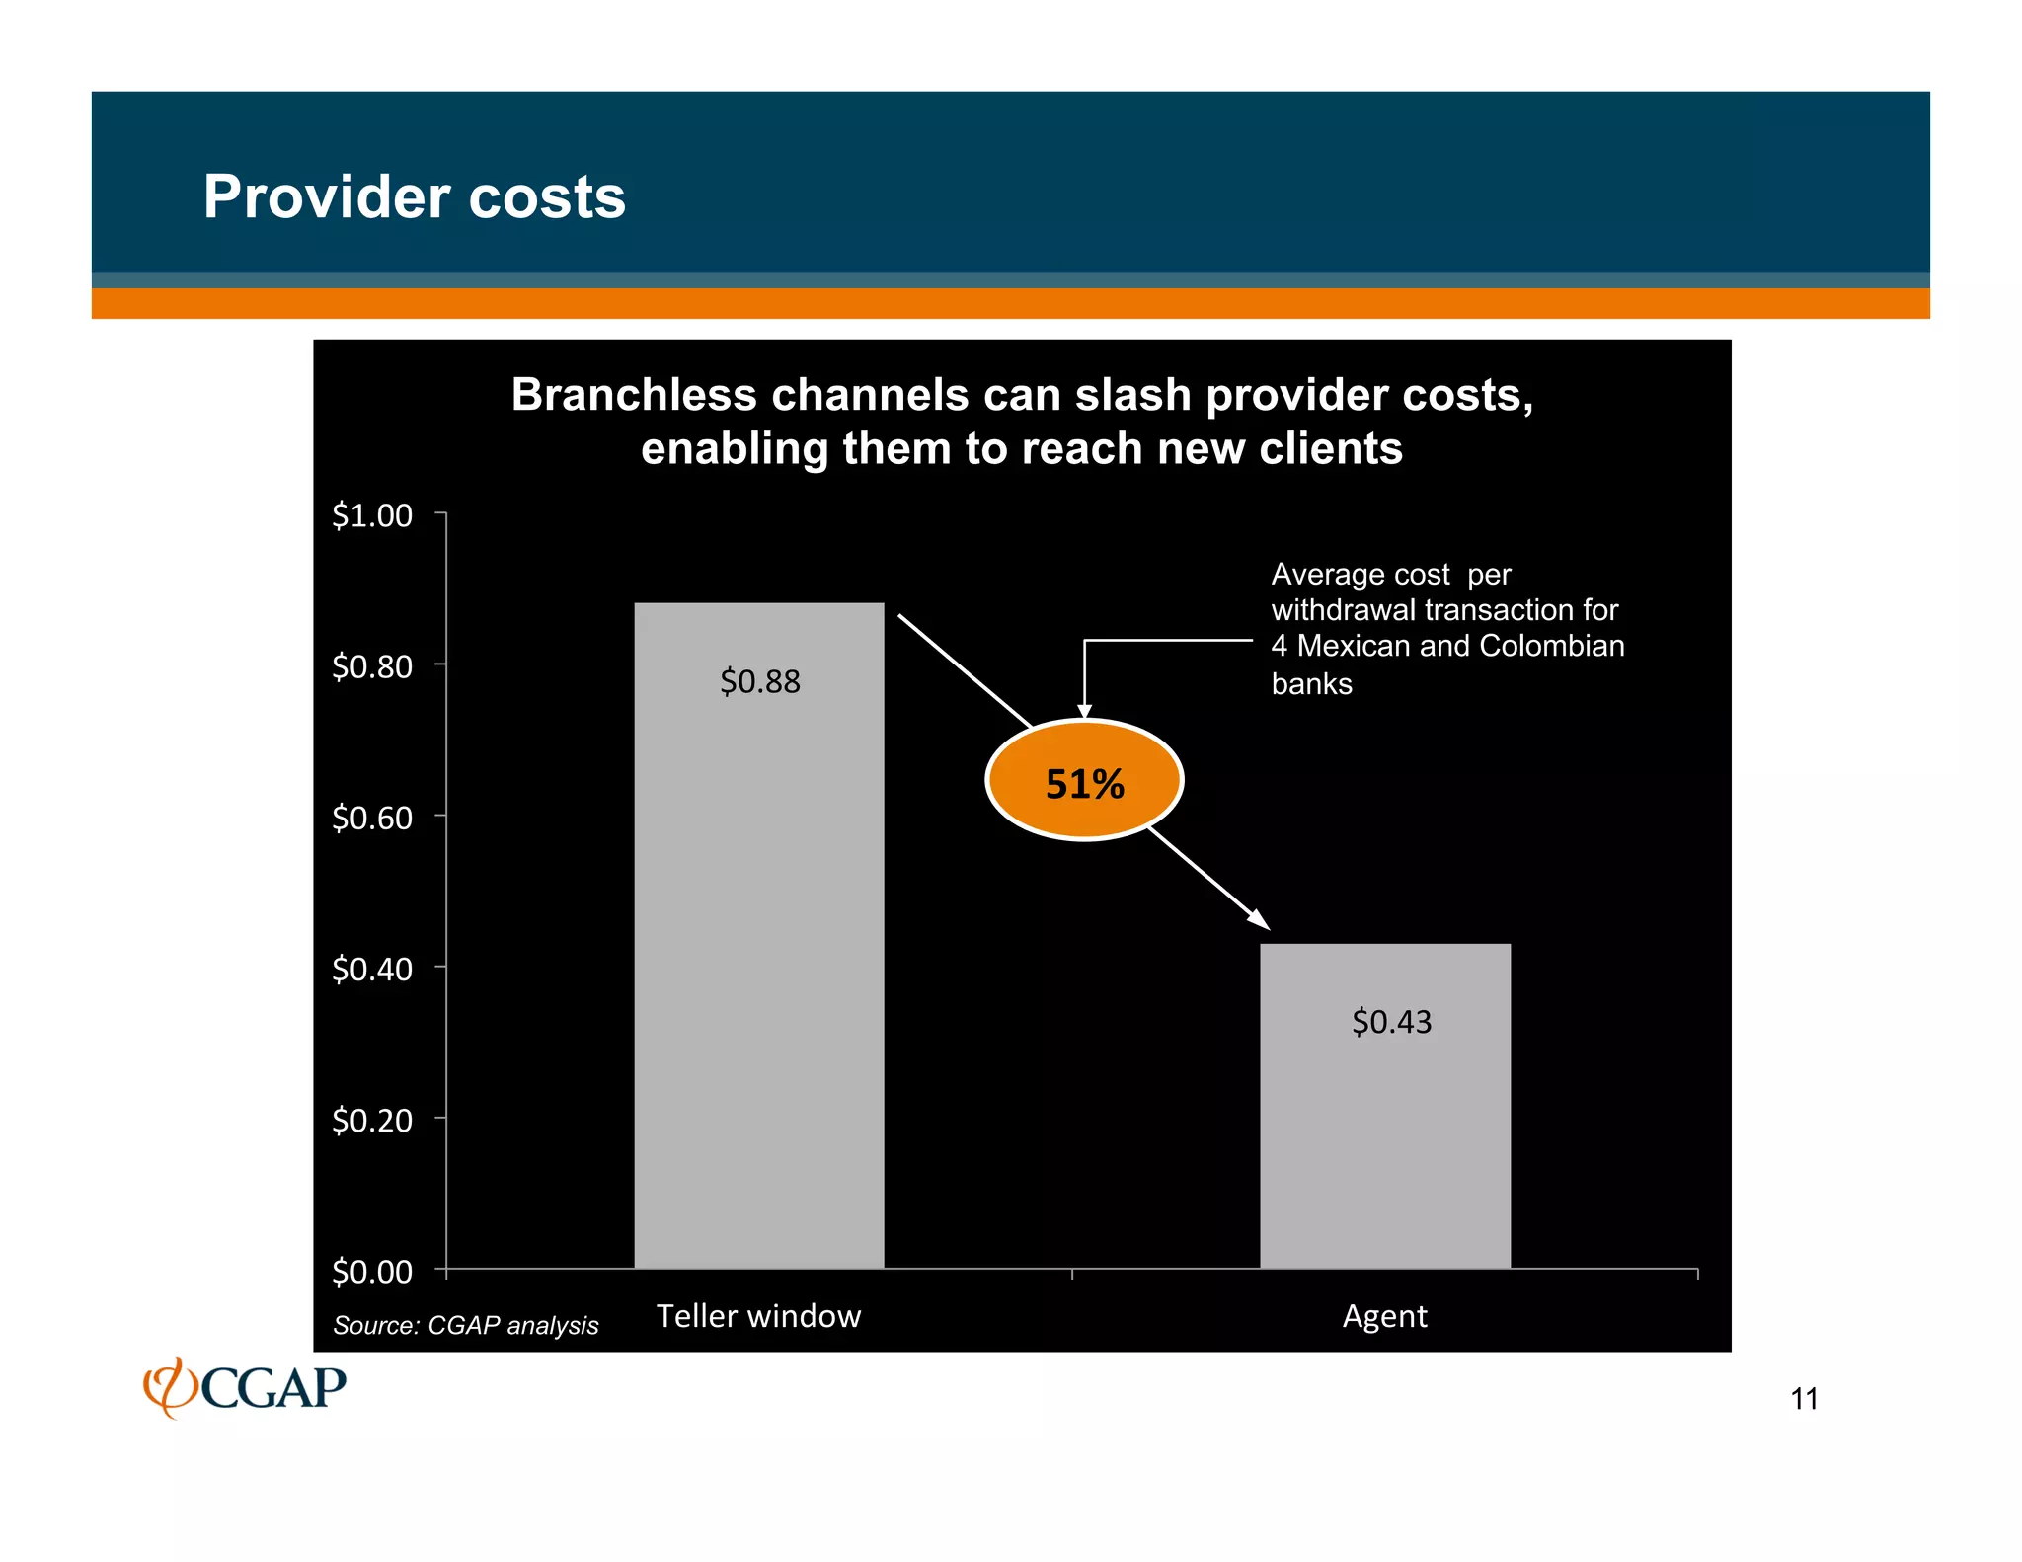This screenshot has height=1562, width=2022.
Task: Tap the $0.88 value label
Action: point(759,681)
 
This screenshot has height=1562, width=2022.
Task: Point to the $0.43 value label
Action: point(1391,1022)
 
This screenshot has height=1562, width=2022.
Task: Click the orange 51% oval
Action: point(1084,780)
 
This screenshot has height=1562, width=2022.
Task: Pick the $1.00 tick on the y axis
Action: point(372,515)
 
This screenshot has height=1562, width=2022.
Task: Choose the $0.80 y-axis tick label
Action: point(372,667)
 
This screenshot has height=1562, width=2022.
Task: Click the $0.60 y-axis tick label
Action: point(372,819)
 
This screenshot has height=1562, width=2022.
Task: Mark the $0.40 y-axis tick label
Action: point(372,970)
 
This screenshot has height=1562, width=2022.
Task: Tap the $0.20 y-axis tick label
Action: point(372,1121)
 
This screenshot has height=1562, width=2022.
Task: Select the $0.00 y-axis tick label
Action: point(372,1272)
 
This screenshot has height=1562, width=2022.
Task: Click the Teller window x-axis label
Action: point(758,1316)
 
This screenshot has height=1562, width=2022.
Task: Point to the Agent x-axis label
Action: point(1384,1316)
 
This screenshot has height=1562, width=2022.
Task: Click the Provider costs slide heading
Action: point(414,196)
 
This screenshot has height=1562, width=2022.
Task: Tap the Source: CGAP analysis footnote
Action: point(465,1325)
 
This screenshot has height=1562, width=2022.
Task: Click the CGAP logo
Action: point(245,1387)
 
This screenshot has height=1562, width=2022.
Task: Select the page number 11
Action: point(1804,1399)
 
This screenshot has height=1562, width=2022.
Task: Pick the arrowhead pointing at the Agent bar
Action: point(1259,919)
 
